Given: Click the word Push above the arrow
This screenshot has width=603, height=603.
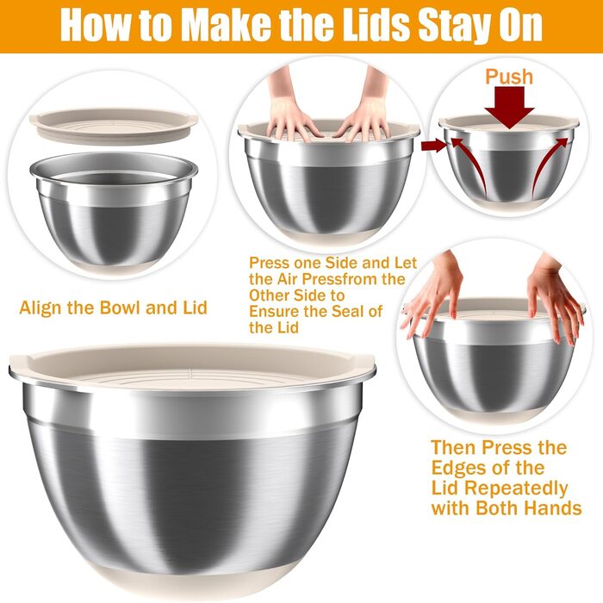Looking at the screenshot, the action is pyautogui.click(x=509, y=77).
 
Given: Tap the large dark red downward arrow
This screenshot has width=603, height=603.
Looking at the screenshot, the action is pyautogui.click(x=509, y=107).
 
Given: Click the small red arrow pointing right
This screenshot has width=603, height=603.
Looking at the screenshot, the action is pyautogui.click(x=434, y=146).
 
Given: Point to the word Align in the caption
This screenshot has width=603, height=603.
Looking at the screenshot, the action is pyautogui.click(x=40, y=308).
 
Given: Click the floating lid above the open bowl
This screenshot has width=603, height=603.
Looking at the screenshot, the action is pyautogui.click(x=114, y=125).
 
